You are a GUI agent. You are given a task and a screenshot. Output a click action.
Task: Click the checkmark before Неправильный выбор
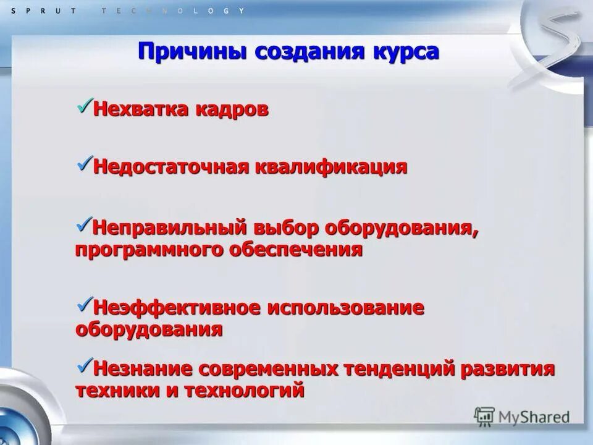pyautogui.click(x=84, y=224)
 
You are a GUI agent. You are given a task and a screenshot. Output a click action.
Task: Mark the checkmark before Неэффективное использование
pyautogui.click(x=84, y=303)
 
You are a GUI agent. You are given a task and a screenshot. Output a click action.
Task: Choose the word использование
pyautogui.click(x=345, y=308)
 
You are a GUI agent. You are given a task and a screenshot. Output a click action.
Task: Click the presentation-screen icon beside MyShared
pyautogui.click(x=484, y=417)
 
